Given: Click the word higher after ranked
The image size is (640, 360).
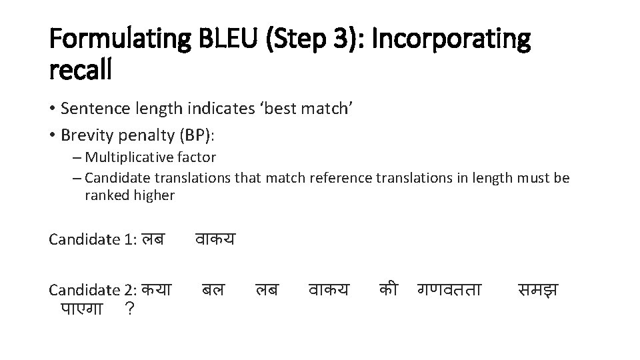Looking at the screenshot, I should tap(154, 195).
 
